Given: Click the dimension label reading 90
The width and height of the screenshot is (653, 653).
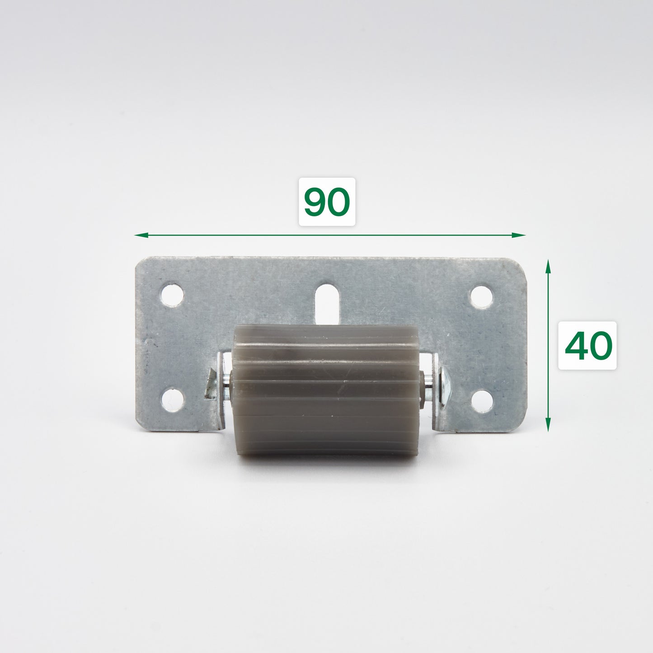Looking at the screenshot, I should coord(327,202).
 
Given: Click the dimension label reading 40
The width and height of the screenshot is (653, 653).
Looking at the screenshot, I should coord(587,345).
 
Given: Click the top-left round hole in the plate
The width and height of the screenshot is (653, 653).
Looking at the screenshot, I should coord(172,294).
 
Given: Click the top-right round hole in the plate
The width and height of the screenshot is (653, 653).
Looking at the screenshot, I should coord(481,296).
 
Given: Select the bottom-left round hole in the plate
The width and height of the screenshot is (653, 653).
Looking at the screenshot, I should coord(172,400).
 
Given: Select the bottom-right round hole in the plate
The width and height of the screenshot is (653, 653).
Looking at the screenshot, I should coord(482,401).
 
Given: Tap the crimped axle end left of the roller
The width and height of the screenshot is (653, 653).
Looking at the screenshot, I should coord(210,384).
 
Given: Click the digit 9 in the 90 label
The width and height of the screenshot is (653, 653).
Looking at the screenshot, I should coord(315,202).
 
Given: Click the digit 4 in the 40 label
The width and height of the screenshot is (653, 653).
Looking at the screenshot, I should coord(576,346).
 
